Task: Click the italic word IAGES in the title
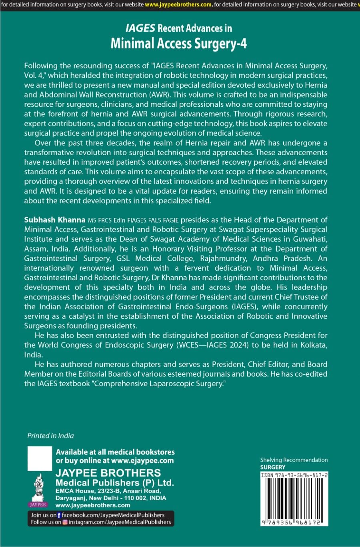click(x=140, y=28)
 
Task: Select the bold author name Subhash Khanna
click(x=55, y=220)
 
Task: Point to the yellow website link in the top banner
click(x=178, y=5)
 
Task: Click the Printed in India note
click(x=50, y=436)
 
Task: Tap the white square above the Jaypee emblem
click(x=40, y=459)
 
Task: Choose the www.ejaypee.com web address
click(x=142, y=461)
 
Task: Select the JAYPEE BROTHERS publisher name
click(x=108, y=473)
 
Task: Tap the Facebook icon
click(x=59, y=515)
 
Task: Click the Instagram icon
click(x=65, y=522)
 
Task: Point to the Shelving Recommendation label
click(x=294, y=460)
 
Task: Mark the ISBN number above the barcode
click(x=294, y=475)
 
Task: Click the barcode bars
click(x=294, y=498)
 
